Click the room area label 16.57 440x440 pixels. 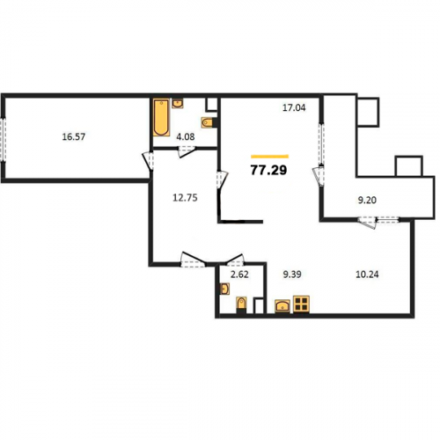[74, 136]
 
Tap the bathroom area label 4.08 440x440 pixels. [186, 136]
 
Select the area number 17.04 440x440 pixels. [294, 107]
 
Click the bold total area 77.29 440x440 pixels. [268, 170]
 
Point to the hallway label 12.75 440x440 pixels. [185, 198]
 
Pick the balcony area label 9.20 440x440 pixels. [367, 200]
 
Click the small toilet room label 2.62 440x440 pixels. [239, 275]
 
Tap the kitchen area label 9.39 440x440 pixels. [292, 275]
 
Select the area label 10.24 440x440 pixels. [367, 275]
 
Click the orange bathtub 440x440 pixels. [161, 118]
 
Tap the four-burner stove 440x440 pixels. [301, 304]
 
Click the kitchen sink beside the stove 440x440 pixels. [282, 306]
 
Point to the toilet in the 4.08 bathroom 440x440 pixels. [207, 122]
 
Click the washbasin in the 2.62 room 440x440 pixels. [224, 289]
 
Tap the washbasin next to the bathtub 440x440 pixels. [178, 104]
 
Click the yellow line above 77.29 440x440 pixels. [270, 157]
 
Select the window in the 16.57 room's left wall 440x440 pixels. [4, 139]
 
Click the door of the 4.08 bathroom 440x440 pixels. [187, 151]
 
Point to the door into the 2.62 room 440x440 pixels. [235, 259]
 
